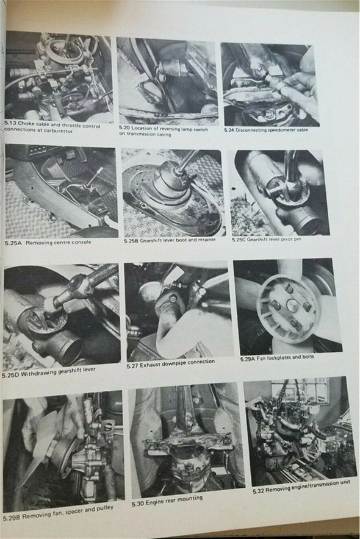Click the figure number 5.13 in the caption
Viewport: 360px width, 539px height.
click(x=10, y=123)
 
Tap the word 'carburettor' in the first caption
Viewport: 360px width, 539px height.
click(x=58, y=130)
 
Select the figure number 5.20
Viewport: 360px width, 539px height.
click(x=124, y=128)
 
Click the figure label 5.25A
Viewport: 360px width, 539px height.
click(x=13, y=243)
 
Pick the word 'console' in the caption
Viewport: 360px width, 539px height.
click(x=82, y=242)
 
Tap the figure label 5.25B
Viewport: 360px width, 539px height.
click(x=131, y=241)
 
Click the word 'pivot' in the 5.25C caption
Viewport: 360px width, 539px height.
click(x=286, y=239)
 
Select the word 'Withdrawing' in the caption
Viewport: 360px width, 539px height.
click(x=37, y=373)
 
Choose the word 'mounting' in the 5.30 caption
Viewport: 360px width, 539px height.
click(x=191, y=499)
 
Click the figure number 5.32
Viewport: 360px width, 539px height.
click(x=259, y=491)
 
